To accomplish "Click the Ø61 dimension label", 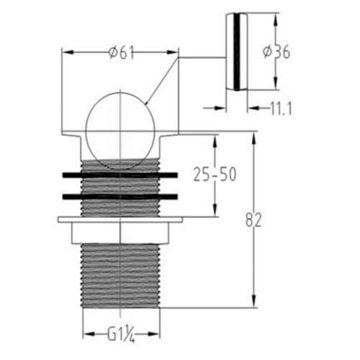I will coord(120,52).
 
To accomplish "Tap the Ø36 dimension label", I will coord(277,52).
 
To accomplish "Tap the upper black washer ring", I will coord(120,175).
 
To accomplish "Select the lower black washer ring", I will coord(120,196).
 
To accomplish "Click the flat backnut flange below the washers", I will coord(120,220).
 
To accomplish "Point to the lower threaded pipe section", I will coord(120,274).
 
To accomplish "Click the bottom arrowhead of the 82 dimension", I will coord(253,303).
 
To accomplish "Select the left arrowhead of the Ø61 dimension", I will coord(66,52).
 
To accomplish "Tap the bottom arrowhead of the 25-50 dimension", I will coord(215,212).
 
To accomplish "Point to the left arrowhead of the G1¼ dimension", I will coord(86,334).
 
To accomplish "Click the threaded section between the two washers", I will coord(120,186).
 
